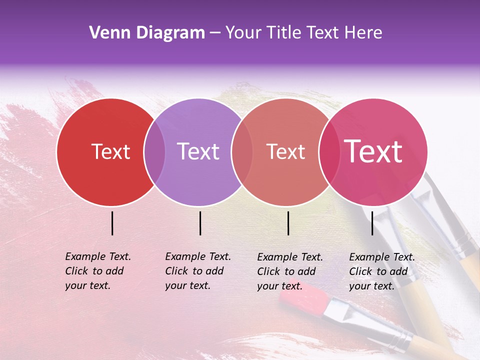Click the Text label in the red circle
pos(110,151)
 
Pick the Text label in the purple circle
pos(198,151)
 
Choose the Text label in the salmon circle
pos(285,151)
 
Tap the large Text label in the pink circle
pos(373,151)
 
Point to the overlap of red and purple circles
pos(154,152)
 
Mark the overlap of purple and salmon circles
pos(242,152)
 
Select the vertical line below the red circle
pos(112,223)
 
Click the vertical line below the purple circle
pos(200,223)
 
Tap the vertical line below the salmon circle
pos(288,223)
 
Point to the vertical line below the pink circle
pos(372,223)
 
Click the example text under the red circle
pos(98,271)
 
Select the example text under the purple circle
pos(198,271)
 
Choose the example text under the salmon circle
pos(290,271)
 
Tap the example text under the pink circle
pos(382,271)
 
